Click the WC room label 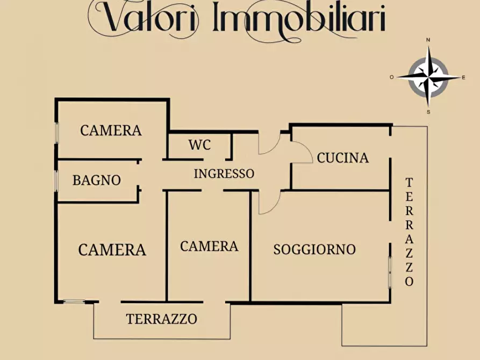(199, 145)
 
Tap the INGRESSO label (224, 174)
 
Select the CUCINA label (342, 157)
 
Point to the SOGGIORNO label (314, 249)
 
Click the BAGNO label (97, 181)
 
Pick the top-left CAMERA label (111, 130)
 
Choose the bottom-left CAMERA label (112, 250)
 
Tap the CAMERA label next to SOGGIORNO (209, 246)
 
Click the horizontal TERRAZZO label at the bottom (161, 319)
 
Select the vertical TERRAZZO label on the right (409, 232)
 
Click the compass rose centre (428, 77)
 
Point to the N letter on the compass (428, 40)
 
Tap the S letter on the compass (428, 112)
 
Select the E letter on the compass (463, 77)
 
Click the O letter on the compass (392, 77)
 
